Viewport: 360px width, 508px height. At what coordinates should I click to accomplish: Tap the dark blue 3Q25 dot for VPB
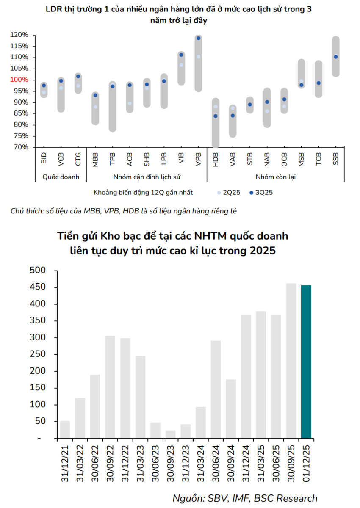pyautogui.click(x=198, y=39)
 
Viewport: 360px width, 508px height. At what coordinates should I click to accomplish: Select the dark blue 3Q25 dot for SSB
pyautogui.click(x=336, y=57)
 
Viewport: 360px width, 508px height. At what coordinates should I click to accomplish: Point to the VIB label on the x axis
pyautogui.click(x=181, y=158)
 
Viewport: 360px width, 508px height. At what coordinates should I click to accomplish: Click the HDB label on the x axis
pyautogui.click(x=216, y=158)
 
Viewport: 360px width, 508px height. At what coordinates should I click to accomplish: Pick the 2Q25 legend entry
pyautogui.click(x=229, y=193)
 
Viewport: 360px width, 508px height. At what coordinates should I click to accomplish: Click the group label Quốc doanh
pyautogui.click(x=61, y=177)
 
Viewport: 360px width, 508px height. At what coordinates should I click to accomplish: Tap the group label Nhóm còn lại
pyautogui.click(x=276, y=177)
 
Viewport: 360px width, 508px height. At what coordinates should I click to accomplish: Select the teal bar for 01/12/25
pyautogui.click(x=306, y=362)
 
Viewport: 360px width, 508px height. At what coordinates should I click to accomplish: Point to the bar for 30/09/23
pyautogui.click(x=170, y=434)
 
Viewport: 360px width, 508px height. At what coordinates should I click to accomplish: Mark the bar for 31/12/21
pyautogui.click(x=65, y=429)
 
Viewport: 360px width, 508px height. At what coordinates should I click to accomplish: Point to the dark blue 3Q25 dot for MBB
pyautogui.click(x=95, y=95)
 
